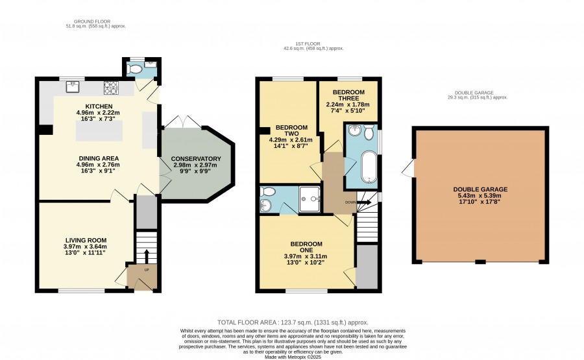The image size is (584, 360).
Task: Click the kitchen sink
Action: click(x=73, y=87)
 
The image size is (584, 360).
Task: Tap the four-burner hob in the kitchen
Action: click(x=110, y=88)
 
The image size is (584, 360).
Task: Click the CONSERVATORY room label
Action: click(x=196, y=158)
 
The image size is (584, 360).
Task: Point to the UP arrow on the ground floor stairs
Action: click(x=146, y=256)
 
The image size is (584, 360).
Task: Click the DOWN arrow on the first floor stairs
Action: click(x=364, y=202)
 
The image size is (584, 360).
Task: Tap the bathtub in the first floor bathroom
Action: click(x=369, y=167)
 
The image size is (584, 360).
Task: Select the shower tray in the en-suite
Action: click(x=310, y=199)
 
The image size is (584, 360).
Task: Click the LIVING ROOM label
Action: click(x=86, y=241)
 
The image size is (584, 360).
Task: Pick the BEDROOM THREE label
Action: click(x=348, y=95)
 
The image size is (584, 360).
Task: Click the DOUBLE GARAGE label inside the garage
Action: click(x=480, y=189)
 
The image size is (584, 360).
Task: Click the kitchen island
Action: click(x=99, y=130)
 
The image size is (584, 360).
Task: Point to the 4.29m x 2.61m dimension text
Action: click(x=291, y=140)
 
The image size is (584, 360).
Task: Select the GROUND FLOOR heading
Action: click(x=92, y=21)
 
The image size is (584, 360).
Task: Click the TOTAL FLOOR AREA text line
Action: click(x=293, y=322)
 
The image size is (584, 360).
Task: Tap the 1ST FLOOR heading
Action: click(x=308, y=44)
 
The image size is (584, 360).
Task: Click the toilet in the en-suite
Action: click(x=267, y=191)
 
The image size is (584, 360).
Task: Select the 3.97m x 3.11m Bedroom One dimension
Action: click(x=306, y=256)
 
